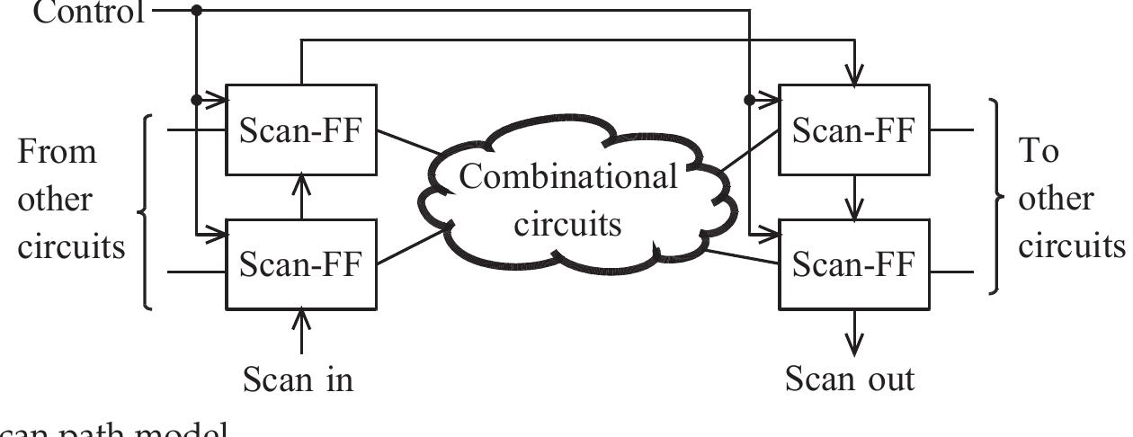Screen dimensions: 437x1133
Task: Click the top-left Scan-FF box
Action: pyautogui.click(x=300, y=130)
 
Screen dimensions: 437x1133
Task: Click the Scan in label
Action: pyautogui.click(x=299, y=379)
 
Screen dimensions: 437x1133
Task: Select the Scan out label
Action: pyautogui.click(x=850, y=379)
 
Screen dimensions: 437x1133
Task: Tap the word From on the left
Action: pyautogui.click(x=56, y=151)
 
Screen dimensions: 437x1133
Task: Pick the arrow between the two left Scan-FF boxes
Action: pyautogui.click(x=301, y=197)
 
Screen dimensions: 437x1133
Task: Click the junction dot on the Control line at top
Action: pyautogui.click(x=197, y=10)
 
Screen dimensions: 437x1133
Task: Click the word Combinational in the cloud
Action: pyautogui.click(x=568, y=177)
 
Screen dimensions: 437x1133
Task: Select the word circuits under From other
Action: pyautogui.click(x=72, y=245)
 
